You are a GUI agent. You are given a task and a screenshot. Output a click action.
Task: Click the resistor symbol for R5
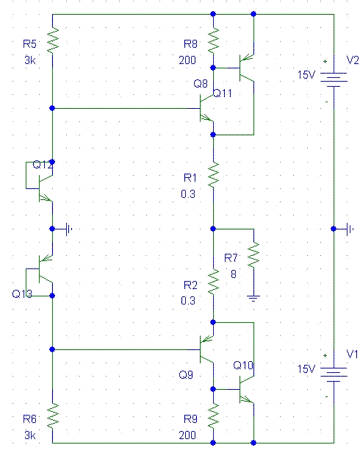(x=53, y=40)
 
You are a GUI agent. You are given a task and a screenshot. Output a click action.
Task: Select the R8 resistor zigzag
(x=213, y=40)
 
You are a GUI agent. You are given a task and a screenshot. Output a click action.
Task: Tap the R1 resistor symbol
(x=213, y=174)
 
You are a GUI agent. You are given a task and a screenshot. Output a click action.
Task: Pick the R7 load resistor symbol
(x=253, y=255)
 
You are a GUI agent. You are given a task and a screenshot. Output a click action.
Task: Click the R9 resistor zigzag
(x=213, y=416)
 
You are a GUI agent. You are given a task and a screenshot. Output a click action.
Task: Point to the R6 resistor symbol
(x=53, y=416)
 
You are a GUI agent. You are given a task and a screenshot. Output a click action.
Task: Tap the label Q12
(x=43, y=165)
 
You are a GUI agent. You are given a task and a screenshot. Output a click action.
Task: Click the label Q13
(x=22, y=294)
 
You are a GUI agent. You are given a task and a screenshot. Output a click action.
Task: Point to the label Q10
(x=243, y=366)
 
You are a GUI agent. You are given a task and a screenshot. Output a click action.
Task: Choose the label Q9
(x=186, y=374)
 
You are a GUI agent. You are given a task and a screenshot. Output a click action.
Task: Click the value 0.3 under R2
(x=188, y=300)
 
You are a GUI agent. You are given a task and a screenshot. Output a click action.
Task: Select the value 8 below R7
(x=234, y=274)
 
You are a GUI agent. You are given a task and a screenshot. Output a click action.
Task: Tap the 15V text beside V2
(x=306, y=75)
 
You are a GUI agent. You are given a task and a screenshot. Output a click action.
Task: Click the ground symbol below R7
(x=253, y=299)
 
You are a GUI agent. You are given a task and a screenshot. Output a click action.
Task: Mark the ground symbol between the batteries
(x=350, y=229)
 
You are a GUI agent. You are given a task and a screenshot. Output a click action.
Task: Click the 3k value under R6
(x=30, y=435)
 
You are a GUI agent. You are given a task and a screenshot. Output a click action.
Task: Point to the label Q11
(x=223, y=93)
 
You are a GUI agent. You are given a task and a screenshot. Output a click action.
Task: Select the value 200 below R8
(x=187, y=60)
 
